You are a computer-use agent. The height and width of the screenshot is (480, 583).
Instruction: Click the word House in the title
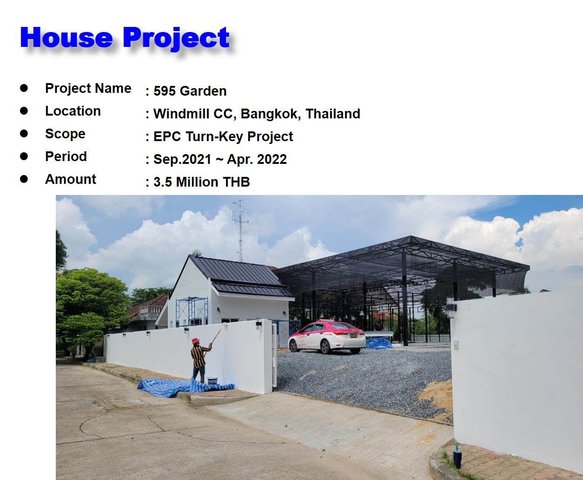point(66,38)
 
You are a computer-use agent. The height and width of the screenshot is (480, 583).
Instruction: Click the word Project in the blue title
point(176,38)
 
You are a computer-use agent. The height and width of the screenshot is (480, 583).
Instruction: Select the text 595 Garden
point(190,91)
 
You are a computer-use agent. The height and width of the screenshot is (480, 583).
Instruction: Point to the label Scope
point(65,134)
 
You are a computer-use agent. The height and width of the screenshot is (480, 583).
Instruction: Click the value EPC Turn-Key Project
point(223,136)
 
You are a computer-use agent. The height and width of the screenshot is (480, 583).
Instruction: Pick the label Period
point(66,156)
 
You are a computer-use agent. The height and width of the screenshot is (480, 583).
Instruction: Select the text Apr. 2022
point(257,159)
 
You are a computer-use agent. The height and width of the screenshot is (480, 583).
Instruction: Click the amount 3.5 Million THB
point(201,182)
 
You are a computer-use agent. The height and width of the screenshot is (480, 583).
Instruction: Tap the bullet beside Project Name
point(24,88)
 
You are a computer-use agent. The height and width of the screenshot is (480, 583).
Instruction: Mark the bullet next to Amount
point(24,179)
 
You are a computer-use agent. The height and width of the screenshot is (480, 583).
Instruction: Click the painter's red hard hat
point(195,341)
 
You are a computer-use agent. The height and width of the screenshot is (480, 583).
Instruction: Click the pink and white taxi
point(327,337)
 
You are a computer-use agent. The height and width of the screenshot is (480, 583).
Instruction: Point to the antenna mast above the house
point(240,230)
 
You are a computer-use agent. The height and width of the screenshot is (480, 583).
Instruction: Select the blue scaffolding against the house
point(192,311)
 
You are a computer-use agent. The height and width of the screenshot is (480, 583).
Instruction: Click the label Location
point(73,111)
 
